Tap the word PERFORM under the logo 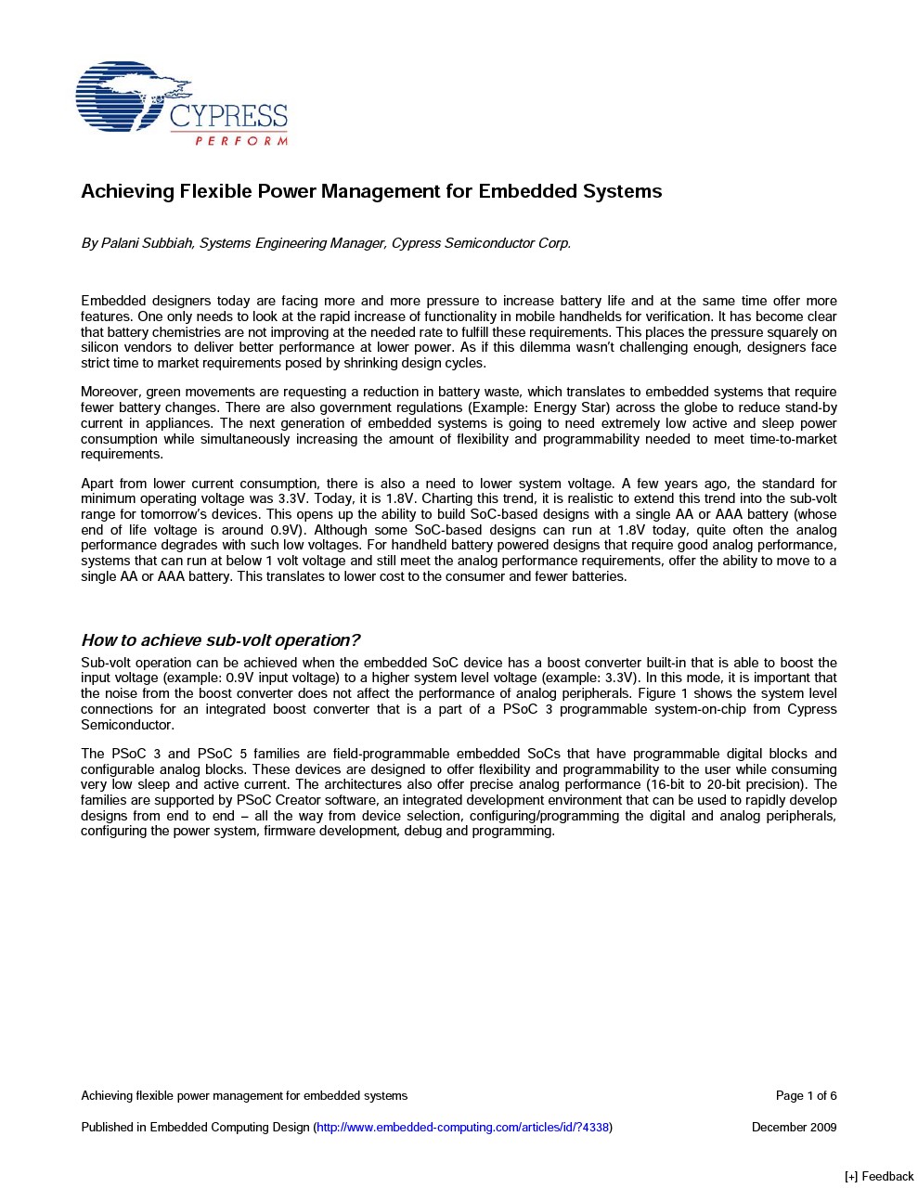pyautogui.click(x=240, y=141)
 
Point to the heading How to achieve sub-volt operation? pyautogui.click(x=220, y=640)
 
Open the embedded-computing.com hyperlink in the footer pyautogui.click(x=463, y=1128)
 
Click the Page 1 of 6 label pyautogui.click(x=806, y=1096)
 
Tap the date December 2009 pyautogui.click(x=794, y=1128)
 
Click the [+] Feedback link pyautogui.click(x=878, y=1177)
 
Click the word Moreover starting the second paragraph pyautogui.click(x=110, y=392)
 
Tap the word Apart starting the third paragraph pyautogui.click(x=98, y=484)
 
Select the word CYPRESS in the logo pyautogui.click(x=228, y=117)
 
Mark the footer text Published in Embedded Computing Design pyautogui.click(x=195, y=1128)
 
